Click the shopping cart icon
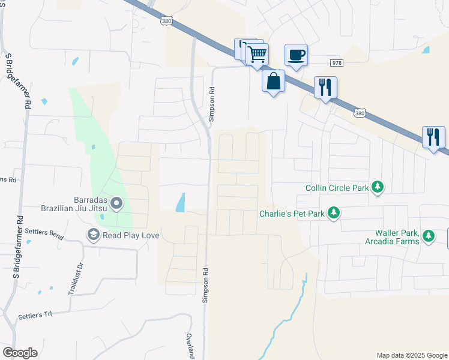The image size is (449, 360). coord(257,54)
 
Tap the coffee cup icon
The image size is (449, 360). coord(296,55)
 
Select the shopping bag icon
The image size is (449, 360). coord(274,80)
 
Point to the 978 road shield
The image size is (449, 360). coord(336,63)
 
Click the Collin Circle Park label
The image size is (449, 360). coord(337,188)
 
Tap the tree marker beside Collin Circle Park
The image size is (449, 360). coord(378,188)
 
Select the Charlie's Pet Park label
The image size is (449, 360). coord(292,214)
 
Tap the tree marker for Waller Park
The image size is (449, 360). coord(429,236)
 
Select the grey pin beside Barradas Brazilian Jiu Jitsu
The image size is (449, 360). coord(116,205)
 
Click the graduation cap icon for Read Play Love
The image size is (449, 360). coord(93,235)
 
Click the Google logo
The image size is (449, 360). coord(20,353)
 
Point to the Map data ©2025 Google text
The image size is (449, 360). coord(411,355)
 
